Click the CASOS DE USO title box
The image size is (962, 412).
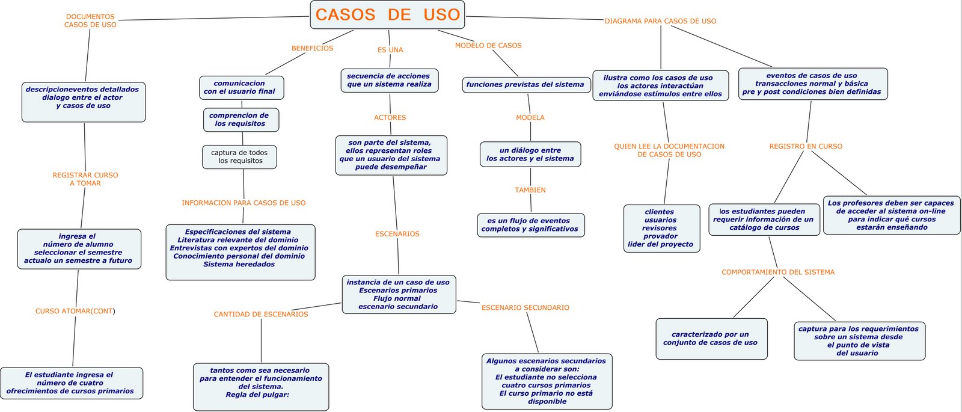pyautogui.click(x=387, y=14)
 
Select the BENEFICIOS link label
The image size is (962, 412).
pyautogui.click(x=312, y=48)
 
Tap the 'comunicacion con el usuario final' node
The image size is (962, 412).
pyautogui.click(x=241, y=88)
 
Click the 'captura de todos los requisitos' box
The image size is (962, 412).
pyautogui.click(x=240, y=157)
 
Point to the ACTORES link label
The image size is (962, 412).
pyautogui.click(x=390, y=117)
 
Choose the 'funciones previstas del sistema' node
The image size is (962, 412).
pyautogui.click(x=525, y=85)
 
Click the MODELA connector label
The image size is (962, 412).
pyautogui.click(x=530, y=117)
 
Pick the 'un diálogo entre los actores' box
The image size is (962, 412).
pyautogui.click(x=530, y=155)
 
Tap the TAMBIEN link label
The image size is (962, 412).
pyautogui.click(x=530, y=190)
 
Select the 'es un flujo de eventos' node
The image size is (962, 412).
pyautogui.click(x=530, y=225)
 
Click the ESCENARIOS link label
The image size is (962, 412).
pyautogui.click(x=397, y=234)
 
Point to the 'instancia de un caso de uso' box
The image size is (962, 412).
pyautogui.click(x=398, y=294)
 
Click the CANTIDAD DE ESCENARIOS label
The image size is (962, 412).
pyautogui.click(x=261, y=314)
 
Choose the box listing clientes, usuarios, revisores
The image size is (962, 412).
pyautogui.click(x=661, y=229)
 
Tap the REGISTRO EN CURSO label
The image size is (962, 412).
pyautogui.click(x=806, y=146)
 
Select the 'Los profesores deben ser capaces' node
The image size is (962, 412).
pyautogui.click(x=891, y=215)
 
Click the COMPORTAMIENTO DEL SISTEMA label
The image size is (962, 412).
pyautogui.click(x=778, y=272)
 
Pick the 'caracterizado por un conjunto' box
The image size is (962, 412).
pyautogui.click(x=711, y=339)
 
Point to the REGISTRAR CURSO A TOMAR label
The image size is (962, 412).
pyautogui.click(x=85, y=179)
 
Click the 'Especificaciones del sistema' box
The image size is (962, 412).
pyautogui.click(x=240, y=252)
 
